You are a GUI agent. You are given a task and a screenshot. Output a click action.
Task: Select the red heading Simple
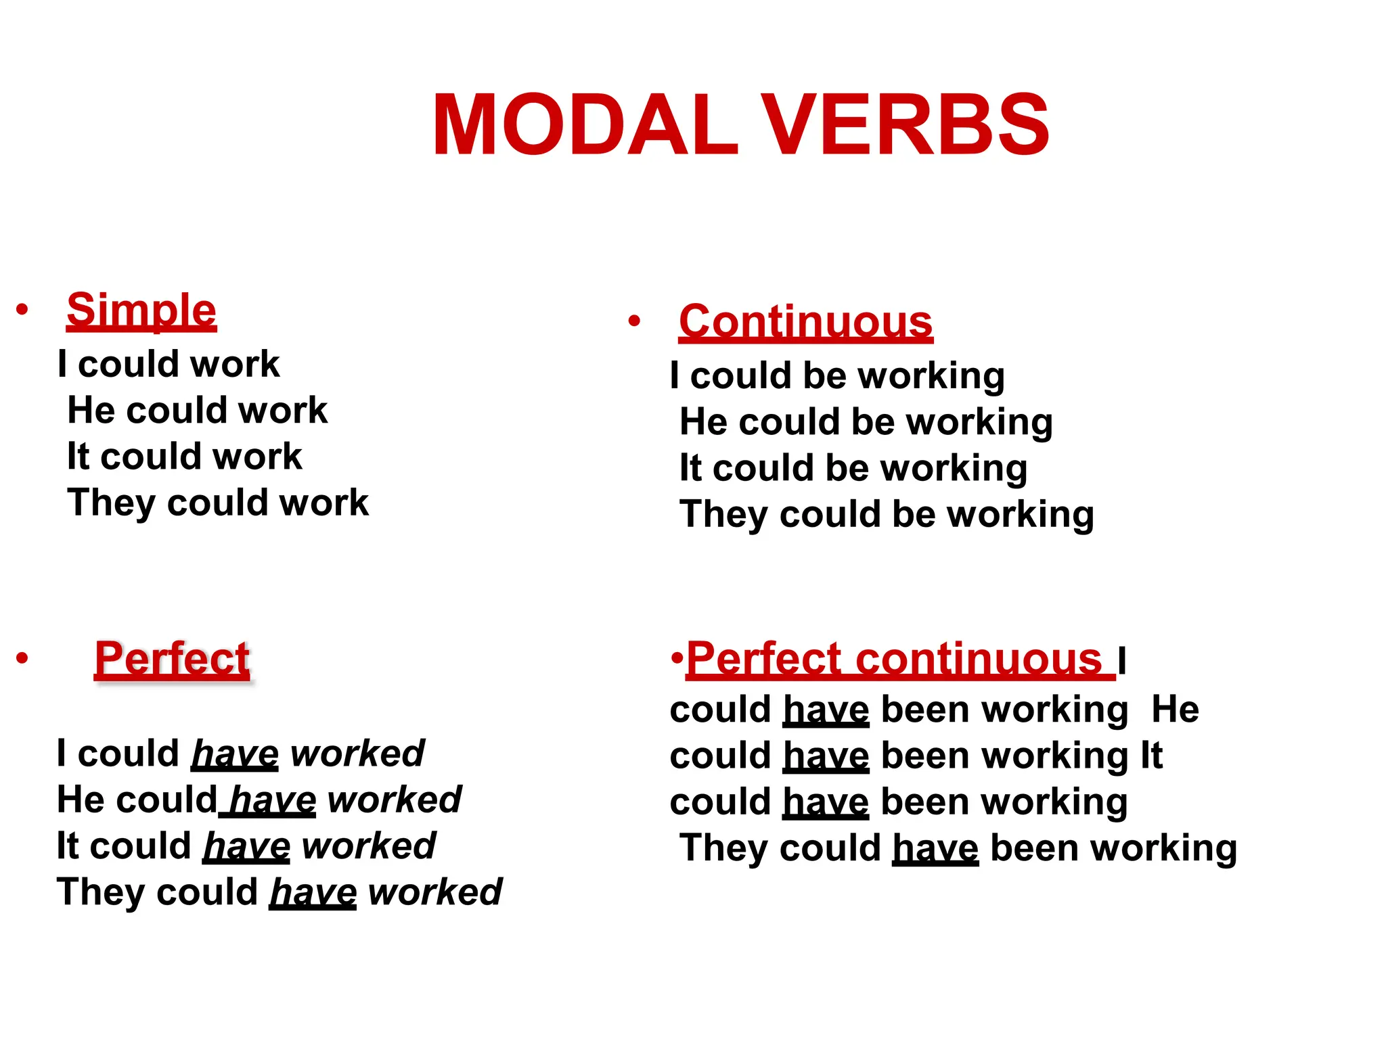tap(141, 310)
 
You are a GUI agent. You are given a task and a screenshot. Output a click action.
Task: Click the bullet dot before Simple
tap(22, 310)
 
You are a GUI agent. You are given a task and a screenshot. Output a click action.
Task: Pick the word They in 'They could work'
tap(111, 503)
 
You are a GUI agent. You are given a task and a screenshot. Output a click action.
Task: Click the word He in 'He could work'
tap(91, 411)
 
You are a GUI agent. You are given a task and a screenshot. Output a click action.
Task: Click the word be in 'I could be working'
tap(824, 376)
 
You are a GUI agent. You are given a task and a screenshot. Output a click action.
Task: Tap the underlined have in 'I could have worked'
tap(235, 754)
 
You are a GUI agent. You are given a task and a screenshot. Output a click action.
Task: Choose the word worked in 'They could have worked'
tap(434, 892)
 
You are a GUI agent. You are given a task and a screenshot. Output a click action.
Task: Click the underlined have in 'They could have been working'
tap(935, 848)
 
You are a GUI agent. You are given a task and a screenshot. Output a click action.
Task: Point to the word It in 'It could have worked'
tap(68, 846)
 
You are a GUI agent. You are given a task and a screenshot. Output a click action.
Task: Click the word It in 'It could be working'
tap(690, 468)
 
